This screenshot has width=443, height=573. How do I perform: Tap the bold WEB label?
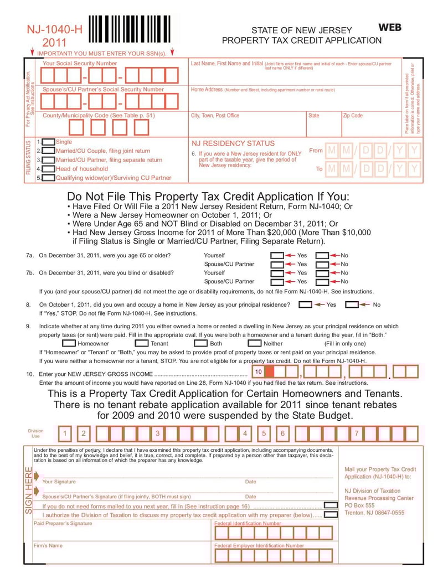pos(390,27)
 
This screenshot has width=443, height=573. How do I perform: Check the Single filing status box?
pos(49,142)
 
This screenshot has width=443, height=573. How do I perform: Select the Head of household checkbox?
pos(49,169)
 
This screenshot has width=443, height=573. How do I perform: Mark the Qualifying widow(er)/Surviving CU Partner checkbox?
pos(49,178)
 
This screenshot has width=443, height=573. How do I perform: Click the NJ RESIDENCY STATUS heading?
pos(233,143)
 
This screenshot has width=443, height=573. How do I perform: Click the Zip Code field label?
pos(353,116)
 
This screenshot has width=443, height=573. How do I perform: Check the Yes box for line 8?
pos(305,304)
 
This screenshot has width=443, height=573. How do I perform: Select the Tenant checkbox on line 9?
pos(141,343)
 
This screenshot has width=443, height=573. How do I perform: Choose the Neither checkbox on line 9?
pos(254,343)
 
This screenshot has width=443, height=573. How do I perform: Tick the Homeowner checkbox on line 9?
pos(69,343)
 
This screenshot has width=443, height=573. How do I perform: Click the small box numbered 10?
pos(259,371)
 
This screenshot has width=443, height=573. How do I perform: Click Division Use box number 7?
pos(357,433)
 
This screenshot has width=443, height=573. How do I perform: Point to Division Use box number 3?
pos(157,433)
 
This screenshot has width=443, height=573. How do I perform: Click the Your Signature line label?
pos(59,482)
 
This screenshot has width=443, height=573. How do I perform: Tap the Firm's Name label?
pos(48,545)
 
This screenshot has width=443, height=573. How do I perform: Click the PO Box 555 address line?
pos(359,505)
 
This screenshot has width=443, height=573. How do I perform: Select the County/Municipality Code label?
pos(99,116)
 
